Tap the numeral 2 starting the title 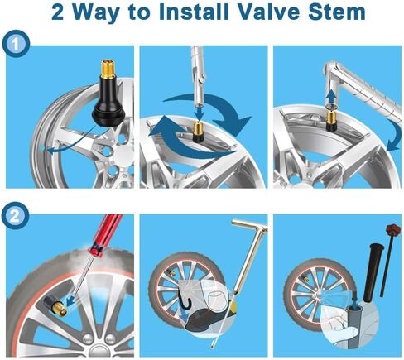[57, 12]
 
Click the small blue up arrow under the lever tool [330, 96]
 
